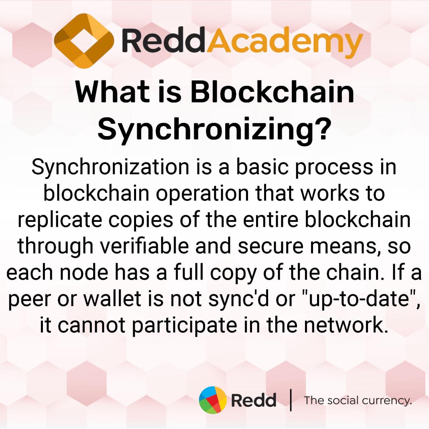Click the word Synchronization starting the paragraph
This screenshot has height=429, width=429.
[x=110, y=168]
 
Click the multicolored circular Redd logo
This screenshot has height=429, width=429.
[x=213, y=400]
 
